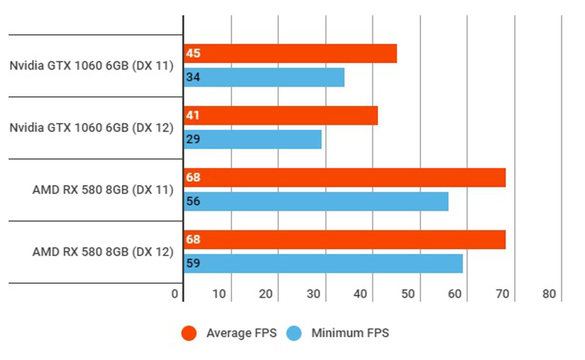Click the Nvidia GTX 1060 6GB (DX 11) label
pyautogui.click(x=92, y=65)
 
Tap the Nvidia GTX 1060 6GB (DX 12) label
pyautogui.click(x=92, y=128)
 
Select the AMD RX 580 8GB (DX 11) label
pyautogui.click(x=103, y=190)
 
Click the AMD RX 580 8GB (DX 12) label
pyautogui.click(x=103, y=252)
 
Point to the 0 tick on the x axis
pyautogui.click(x=175, y=294)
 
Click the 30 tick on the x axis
pyautogui.click(x=313, y=294)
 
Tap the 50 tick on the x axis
pyautogui.click(x=408, y=294)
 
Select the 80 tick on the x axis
pyautogui.click(x=549, y=294)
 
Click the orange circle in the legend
pyautogui.click(x=189, y=333)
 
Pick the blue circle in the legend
pyautogui.click(x=294, y=333)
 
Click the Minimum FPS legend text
pyautogui.click(x=350, y=333)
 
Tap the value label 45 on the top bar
pyautogui.click(x=193, y=53)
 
